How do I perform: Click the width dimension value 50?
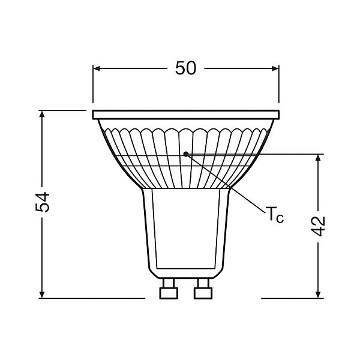(x=185, y=68)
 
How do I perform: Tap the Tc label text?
(x=274, y=215)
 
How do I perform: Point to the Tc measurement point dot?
(x=187, y=154)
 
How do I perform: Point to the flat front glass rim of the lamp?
(x=186, y=113)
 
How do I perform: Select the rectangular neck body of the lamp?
(x=185, y=228)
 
